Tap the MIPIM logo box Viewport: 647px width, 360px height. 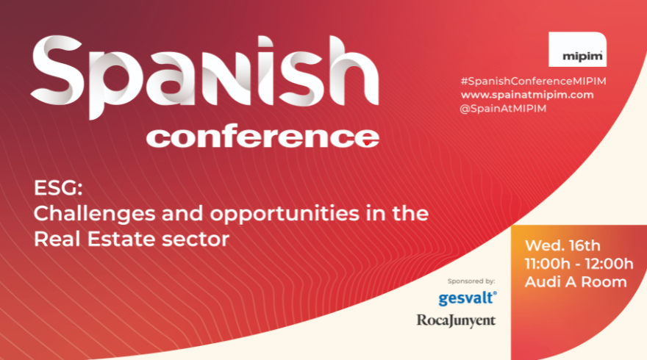click(x=577, y=51)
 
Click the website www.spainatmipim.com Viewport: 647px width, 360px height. click(x=527, y=95)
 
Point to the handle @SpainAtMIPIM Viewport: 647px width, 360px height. click(x=504, y=109)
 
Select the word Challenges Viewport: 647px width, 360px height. click(x=87, y=215)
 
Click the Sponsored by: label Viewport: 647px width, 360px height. click(x=471, y=281)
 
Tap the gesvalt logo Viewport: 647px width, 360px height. click(x=468, y=298)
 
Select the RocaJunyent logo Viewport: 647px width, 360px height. click(x=456, y=320)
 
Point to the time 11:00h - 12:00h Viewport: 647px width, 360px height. click(x=578, y=264)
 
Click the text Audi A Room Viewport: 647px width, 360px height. click(x=576, y=281)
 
